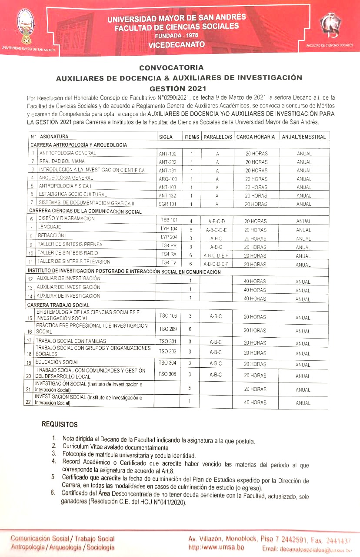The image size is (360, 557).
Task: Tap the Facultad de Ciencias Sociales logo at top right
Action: (x=330, y=25)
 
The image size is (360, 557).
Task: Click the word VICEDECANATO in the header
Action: (x=176, y=44)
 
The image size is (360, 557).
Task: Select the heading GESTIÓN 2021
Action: (x=171, y=88)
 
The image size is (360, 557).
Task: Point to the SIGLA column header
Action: (x=166, y=137)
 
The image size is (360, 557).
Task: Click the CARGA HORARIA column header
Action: (x=256, y=137)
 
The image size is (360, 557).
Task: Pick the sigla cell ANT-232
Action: (x=167, y=162)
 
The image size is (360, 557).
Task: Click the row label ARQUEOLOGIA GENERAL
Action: (x=66, y=178)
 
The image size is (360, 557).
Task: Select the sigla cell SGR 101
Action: (x=167, y=204)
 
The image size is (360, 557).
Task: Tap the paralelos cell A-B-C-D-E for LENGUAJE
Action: (x=217, y=230)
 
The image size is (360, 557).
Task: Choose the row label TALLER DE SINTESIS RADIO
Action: (x=67, y=253)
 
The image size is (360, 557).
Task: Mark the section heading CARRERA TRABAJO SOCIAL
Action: (x=58, y=305)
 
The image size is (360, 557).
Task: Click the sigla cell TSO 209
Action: (x=168, y=329)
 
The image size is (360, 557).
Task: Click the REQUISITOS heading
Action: (x=60, y=424)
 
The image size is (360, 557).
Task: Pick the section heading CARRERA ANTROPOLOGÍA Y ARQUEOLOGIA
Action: (x=78, y=145)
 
